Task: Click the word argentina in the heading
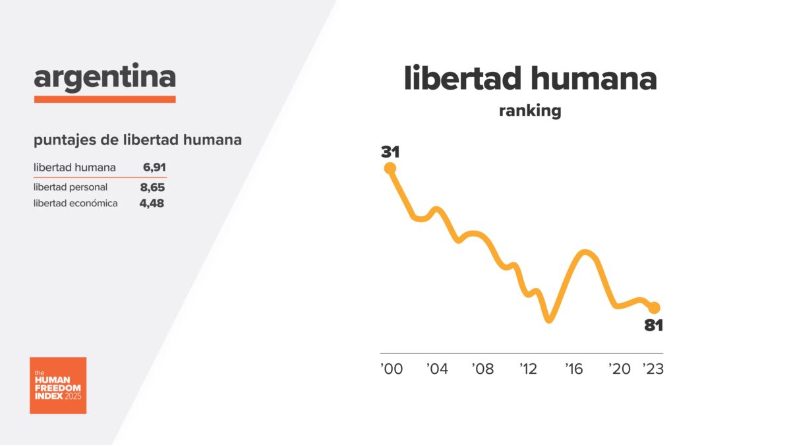[105, 78]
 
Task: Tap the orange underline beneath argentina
[105, 99]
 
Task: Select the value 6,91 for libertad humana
[153, 167]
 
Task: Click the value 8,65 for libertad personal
[152, 187]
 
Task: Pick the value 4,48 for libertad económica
[152, 203]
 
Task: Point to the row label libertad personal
[71, 187]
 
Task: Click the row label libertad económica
[76, 203]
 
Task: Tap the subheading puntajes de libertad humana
[137, 140]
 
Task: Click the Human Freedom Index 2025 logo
[58, 386]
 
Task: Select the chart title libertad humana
[530, 78]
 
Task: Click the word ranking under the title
[530, 111]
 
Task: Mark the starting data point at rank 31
[390, 168]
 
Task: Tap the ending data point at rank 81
[654, 307]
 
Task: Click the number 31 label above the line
[390, 152]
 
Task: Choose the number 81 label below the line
[653, 325]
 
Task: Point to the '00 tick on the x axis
[392, 369]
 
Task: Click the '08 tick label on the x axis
[483, 369]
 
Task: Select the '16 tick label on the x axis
[574, 369]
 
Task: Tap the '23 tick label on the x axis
[653, 369]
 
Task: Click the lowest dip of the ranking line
[550, 320]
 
